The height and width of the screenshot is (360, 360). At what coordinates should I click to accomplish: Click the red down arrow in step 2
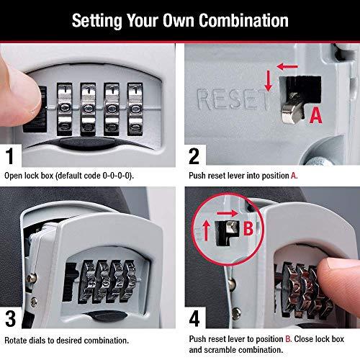click(x=268, y=81)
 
